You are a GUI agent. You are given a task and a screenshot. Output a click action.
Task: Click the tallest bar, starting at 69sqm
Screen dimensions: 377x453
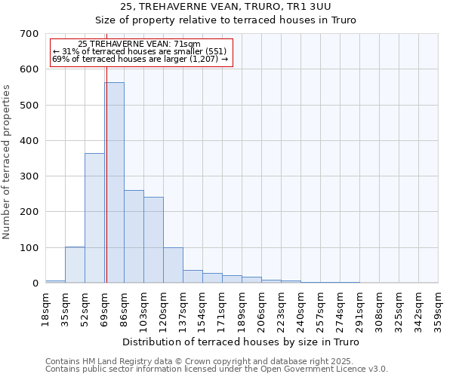[x=114, y=182]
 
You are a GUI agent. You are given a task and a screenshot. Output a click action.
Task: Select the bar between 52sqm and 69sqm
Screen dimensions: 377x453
[x=94, y=218]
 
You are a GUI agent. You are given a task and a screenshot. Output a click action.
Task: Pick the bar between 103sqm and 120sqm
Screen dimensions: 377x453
[x=153, y=240]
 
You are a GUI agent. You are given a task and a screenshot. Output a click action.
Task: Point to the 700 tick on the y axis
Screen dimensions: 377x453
[x=29, y=34]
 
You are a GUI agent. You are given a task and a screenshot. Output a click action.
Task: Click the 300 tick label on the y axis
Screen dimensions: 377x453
[x=29, y=176]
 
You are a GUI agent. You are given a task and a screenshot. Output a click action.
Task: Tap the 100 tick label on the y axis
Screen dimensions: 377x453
[x=29, y=247]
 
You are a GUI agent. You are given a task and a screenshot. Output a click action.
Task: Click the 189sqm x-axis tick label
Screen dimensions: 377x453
[x=242, y=308]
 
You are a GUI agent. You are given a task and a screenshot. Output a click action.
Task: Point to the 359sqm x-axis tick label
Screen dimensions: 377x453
[x=439, y=308]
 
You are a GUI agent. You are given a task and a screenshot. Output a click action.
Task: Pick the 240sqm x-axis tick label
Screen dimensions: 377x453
[x=301, y=308]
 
